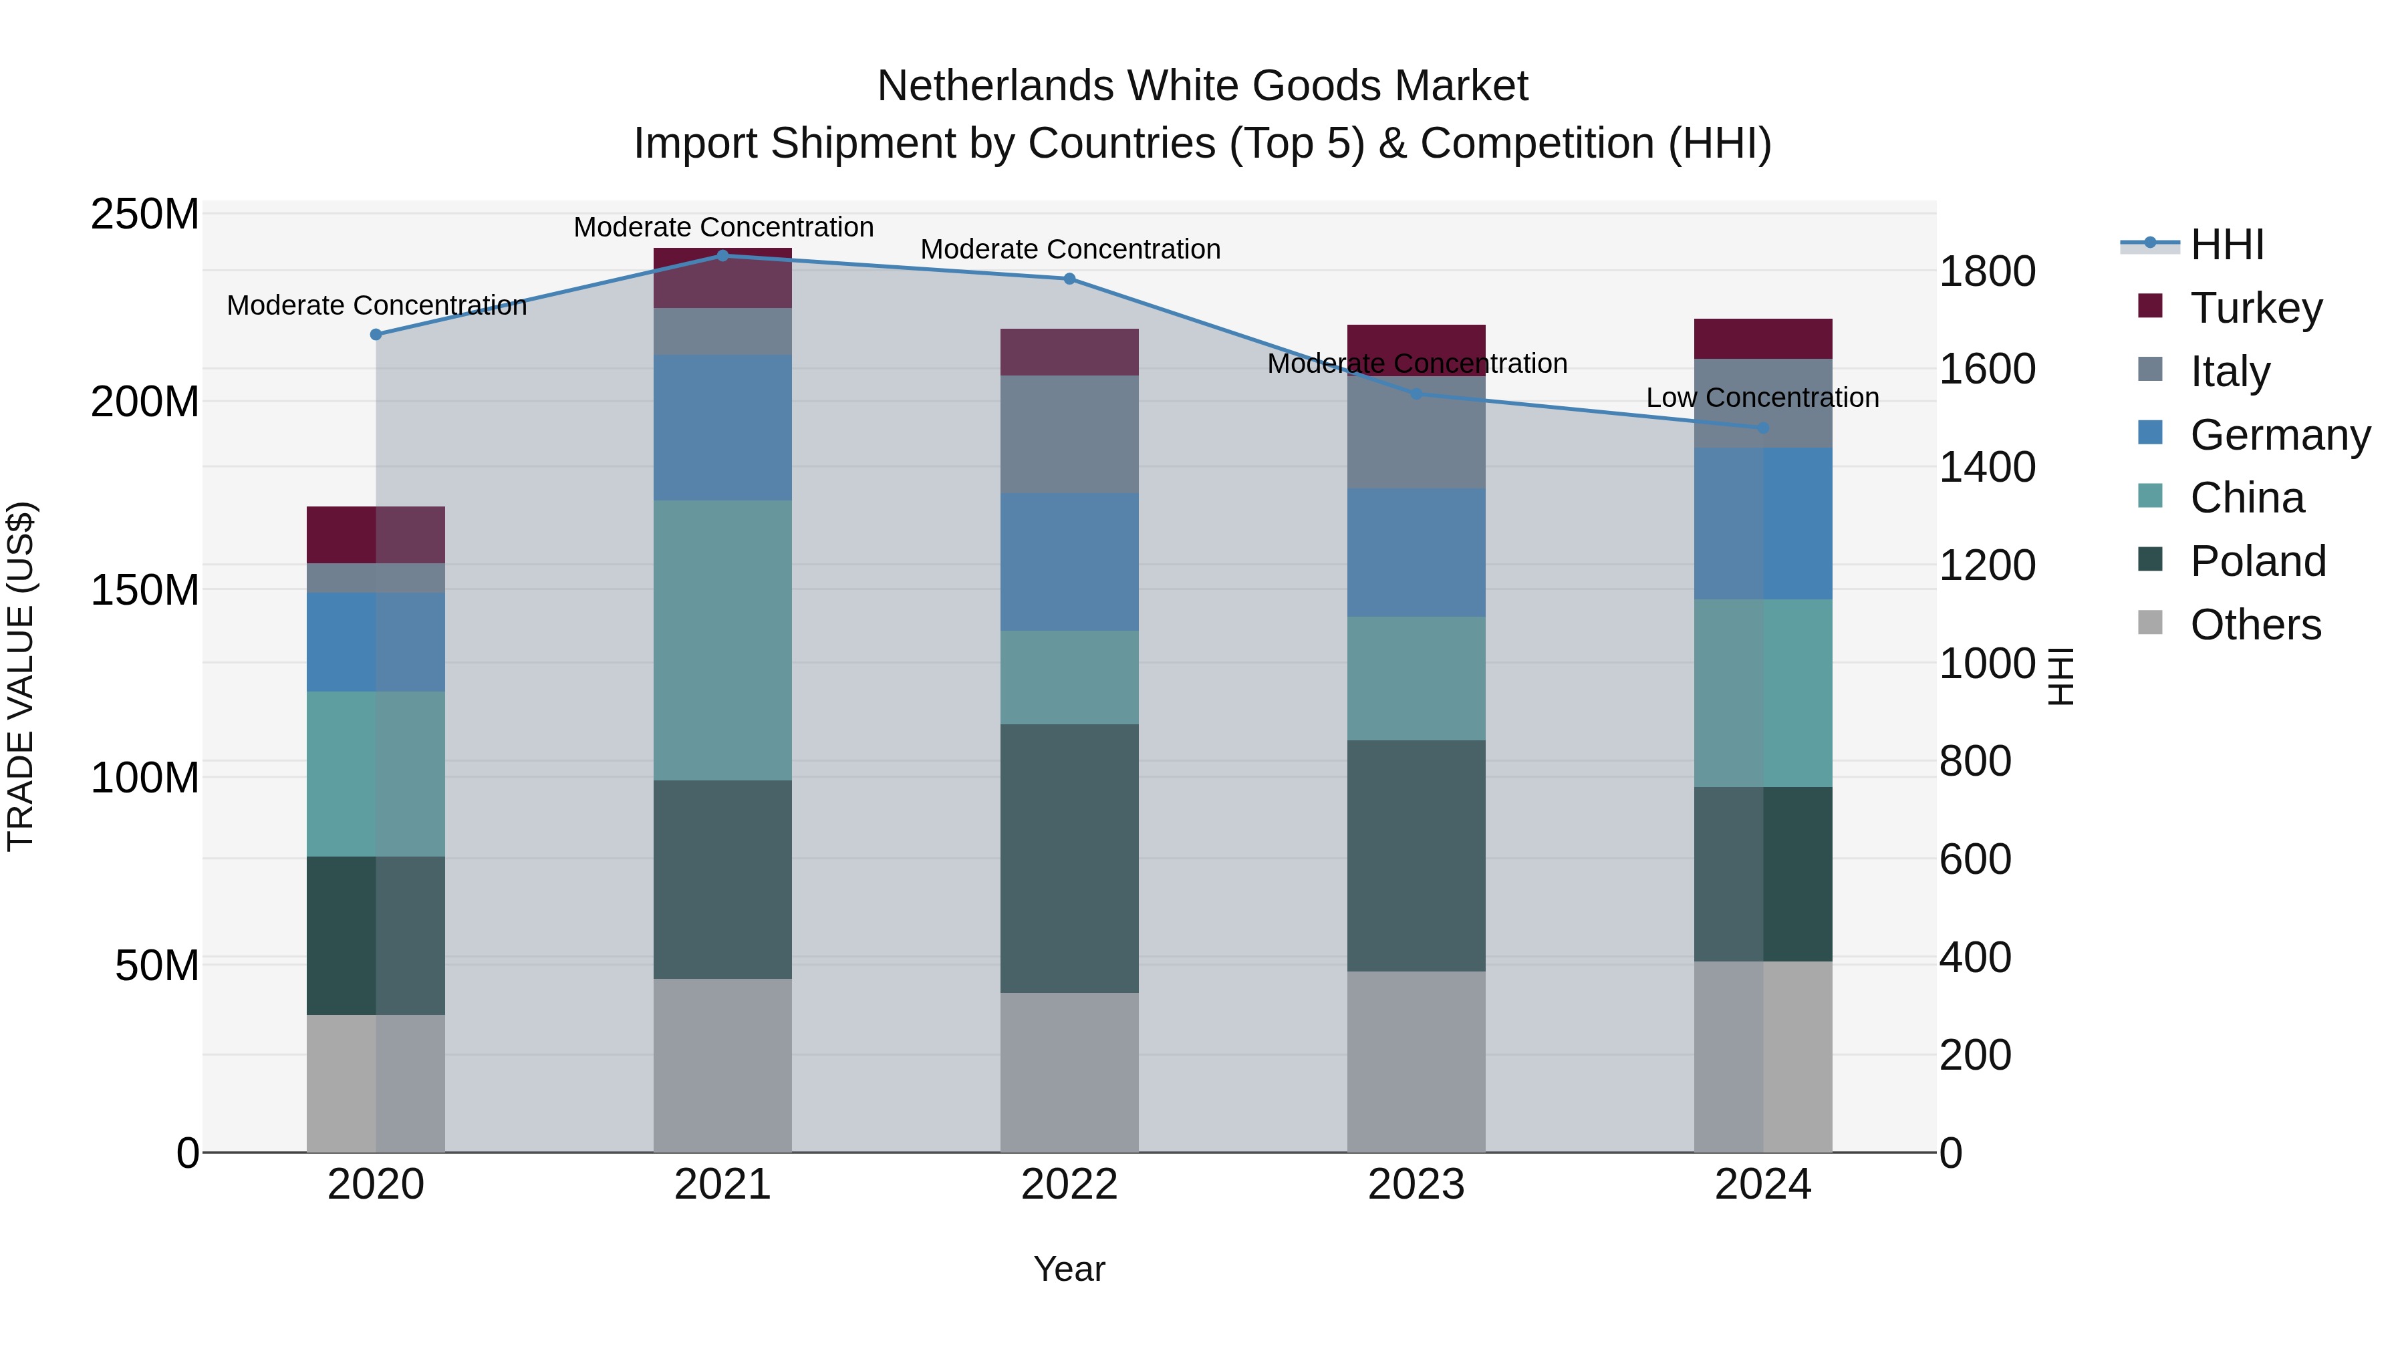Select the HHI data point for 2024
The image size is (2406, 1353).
point(1762,428)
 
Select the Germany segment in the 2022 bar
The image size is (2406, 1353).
point(1069,561)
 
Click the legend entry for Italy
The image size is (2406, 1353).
point(2230,371)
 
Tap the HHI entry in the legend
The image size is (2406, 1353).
point(2227,245)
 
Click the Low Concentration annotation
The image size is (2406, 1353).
point(1762,398)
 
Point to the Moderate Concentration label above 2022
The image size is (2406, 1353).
point(1071,249)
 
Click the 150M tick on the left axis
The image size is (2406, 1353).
point(145,590)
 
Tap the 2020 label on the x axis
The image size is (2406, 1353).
point(376,1185)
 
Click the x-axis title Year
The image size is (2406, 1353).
point(1069,1269)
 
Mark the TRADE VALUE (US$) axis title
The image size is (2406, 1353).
point(21,676)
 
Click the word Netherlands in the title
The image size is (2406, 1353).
point(994,86)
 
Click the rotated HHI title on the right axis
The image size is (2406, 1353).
point(2060,676)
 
